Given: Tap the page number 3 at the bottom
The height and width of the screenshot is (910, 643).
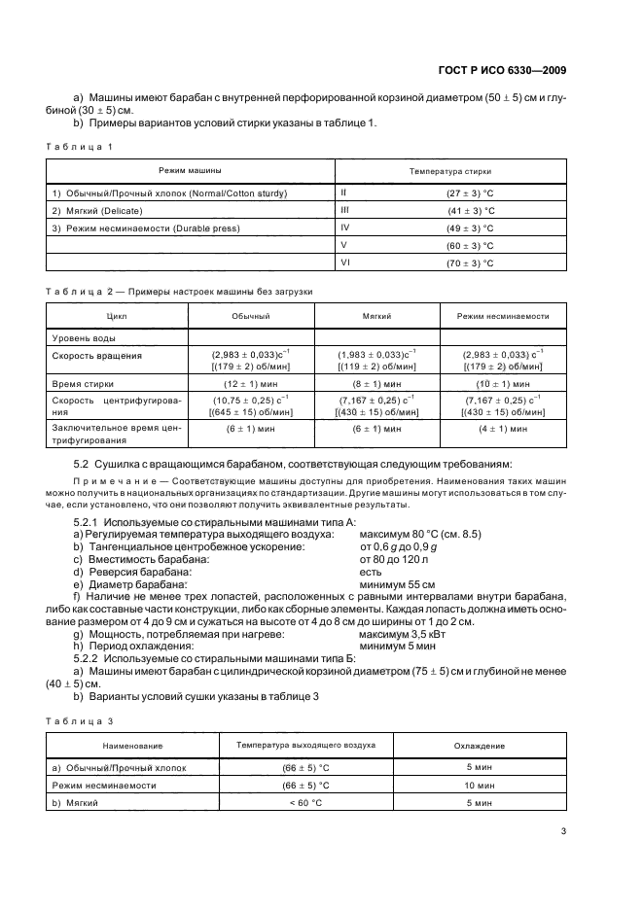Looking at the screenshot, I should coord(563,830).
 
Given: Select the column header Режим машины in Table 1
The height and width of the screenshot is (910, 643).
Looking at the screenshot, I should coord(191,169).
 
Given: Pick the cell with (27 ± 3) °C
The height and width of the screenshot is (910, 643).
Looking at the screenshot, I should coord(471,192).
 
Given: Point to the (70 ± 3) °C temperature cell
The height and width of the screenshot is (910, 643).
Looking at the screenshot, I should coord(471,262).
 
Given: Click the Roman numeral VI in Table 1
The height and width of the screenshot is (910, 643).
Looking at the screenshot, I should coord(345,262).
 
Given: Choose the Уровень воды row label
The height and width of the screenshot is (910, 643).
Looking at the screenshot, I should coord(84,337).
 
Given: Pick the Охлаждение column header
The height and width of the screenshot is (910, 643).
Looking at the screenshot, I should coord(481,746).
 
